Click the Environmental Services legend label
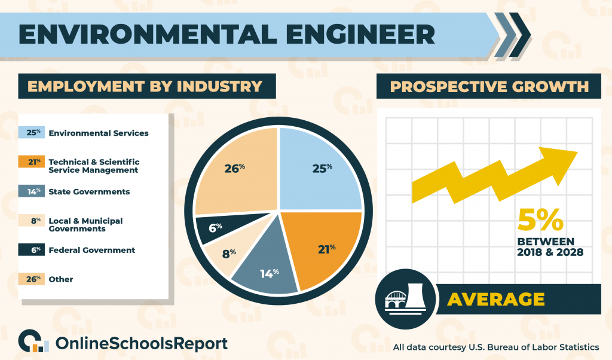point(99,133)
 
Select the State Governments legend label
point(89,192)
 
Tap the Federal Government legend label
point(91,250)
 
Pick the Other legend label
point(60,279)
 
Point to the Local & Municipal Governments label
point(85,225)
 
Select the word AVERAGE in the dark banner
point(495,299)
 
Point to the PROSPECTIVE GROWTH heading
point(489,86)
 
